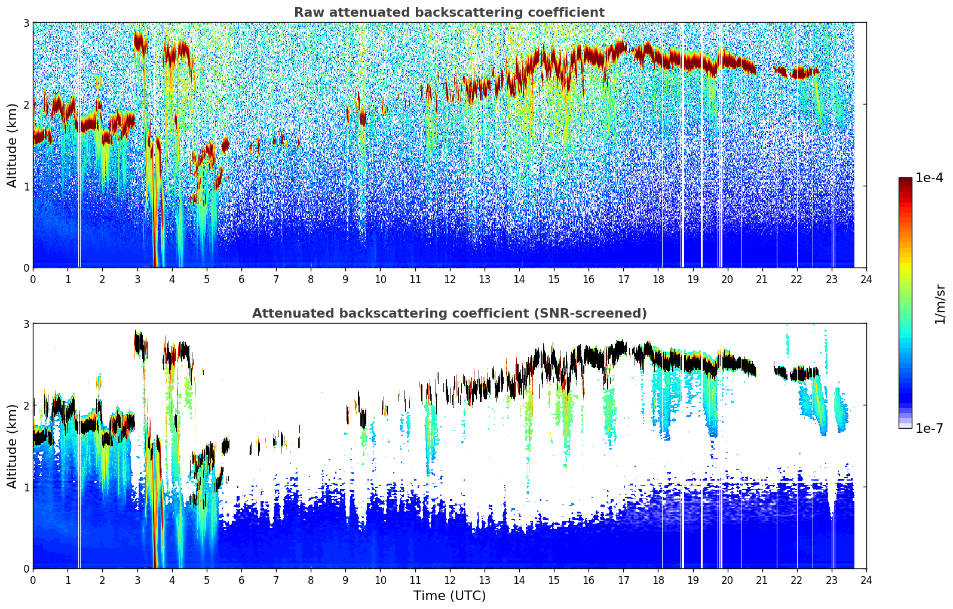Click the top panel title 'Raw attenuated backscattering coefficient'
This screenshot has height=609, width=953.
pos(449,13)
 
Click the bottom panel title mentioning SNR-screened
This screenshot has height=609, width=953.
pos(449,313)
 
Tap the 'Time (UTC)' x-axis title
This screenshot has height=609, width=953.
pos(449,596)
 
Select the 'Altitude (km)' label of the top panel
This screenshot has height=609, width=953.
pos(12,145)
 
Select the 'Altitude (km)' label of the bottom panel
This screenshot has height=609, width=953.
pos(12,446)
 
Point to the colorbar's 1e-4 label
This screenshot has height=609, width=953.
pos(929,178)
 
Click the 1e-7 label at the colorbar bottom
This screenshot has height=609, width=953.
pos(929,428)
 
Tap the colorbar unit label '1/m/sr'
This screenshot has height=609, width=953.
pos(940,304)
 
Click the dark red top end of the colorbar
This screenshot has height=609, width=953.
pos(905,180)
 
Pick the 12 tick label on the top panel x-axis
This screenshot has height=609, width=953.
pos(449,279)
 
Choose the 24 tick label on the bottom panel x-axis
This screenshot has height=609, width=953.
pos(866,580)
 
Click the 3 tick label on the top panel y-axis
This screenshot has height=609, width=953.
pos(26,23)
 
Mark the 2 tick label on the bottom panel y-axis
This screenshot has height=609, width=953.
pos(26,405)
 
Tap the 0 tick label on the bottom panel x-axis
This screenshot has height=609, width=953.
pos(33,580)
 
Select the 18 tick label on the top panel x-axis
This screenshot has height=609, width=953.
pos(658,279)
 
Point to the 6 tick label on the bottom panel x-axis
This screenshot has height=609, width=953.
pos(241,580)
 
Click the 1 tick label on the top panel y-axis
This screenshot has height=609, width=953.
pos(26,186)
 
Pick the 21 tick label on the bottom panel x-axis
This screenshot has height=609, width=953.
pos(762,580)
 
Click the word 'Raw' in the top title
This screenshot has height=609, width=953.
pos(307,13)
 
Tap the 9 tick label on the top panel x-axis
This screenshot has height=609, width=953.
pos(345,279)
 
